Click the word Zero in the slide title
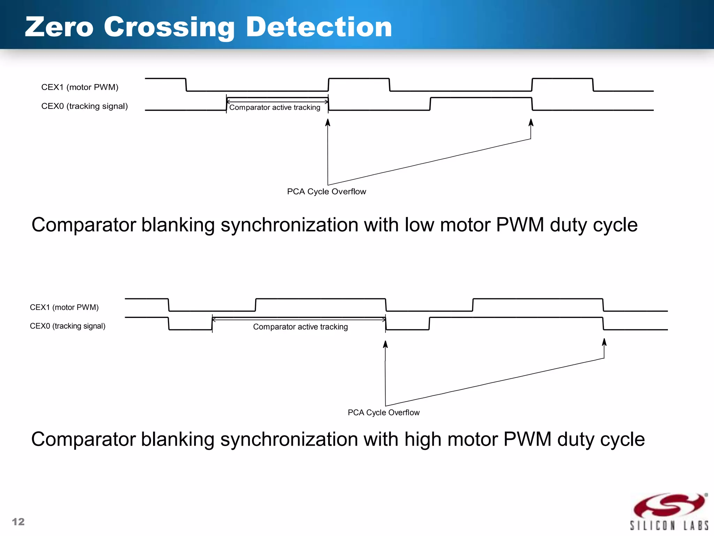[x=59, y=27]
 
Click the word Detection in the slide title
[x=319, y=27]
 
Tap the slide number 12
[x=18, y=522]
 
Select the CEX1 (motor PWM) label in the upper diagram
[x=80, y=87]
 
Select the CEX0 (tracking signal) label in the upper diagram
[x=84, y=106]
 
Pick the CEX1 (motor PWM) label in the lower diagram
[x=64, y=307]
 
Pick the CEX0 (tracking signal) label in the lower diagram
[x=68, y=326]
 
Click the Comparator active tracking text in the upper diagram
[x=275, y=107]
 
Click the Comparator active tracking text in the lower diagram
[x=301, y=327]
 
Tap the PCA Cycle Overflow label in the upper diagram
[x=326, y=192]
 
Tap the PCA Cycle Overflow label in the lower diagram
[x=383, y=412]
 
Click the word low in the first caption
[x=419, y=225]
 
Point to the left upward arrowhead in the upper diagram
[x=328, y=122]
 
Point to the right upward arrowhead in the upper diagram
[x=531, y=122]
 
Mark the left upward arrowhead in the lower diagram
[x=385, y=344]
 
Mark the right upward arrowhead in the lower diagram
[x=604, y=342]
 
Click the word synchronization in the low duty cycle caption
[x=289, y=225]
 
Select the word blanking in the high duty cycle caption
[x=177, y=440]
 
